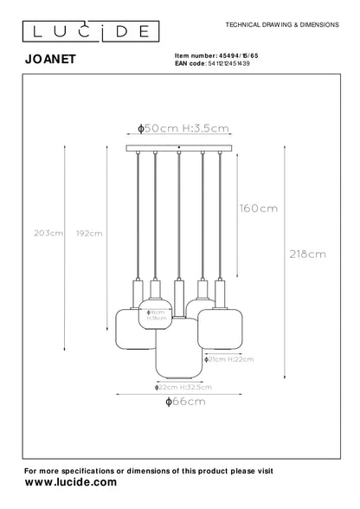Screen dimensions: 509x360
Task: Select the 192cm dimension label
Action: (x=90, y=233)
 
